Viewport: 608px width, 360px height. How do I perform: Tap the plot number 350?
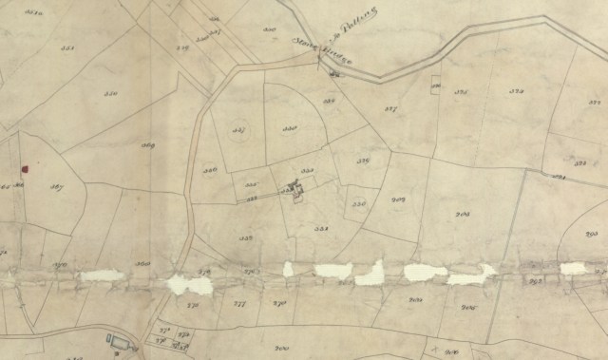110,95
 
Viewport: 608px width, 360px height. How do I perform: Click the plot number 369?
147,145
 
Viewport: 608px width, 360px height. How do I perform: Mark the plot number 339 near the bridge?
332,100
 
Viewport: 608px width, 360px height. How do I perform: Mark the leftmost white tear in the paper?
101,275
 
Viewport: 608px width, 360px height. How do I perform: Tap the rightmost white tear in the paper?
573,269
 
